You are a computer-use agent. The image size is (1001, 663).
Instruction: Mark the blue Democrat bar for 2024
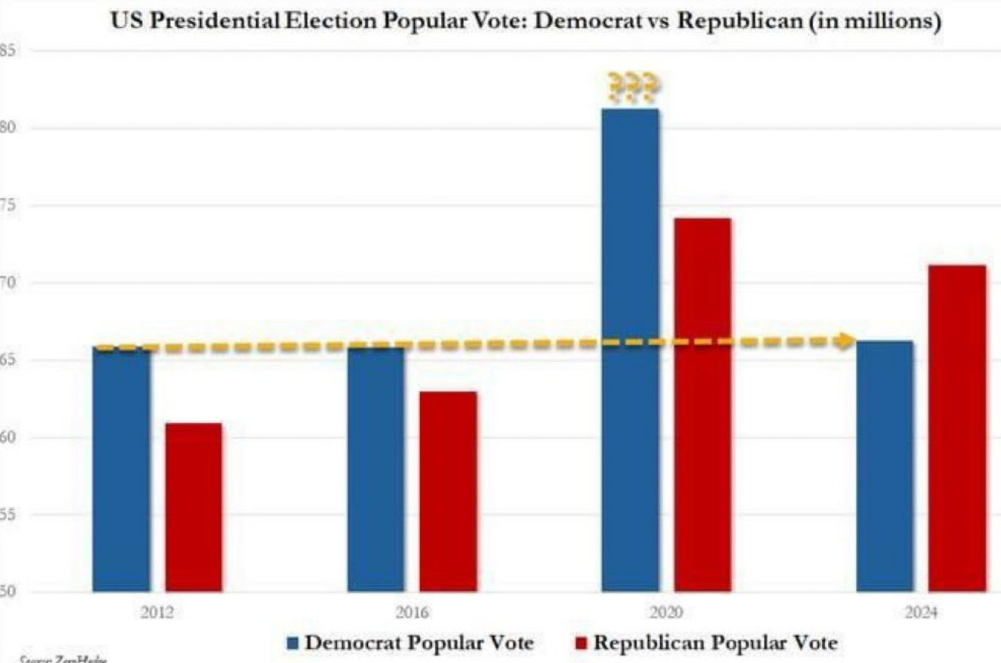884,466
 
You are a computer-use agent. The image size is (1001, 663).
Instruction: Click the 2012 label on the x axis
157,613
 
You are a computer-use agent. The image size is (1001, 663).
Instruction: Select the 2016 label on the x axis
412,613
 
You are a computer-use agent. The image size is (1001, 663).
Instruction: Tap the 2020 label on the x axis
666,613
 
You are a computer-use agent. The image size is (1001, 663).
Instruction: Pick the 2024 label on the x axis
920,613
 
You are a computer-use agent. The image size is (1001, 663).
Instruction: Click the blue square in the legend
293,643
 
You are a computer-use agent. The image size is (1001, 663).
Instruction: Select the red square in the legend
580,643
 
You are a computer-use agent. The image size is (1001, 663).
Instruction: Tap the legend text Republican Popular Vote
716,643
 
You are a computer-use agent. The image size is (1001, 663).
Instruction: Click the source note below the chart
64,659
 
